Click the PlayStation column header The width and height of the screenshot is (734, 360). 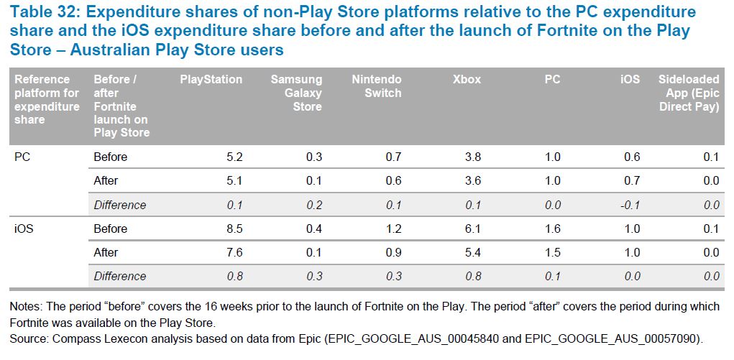[211, 80]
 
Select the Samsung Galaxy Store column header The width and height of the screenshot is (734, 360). [296, 93]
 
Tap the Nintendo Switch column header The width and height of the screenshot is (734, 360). [377, 86]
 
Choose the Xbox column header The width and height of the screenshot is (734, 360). [467, 80]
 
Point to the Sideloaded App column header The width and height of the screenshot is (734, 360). [689, 93]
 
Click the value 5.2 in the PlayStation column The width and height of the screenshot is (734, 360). [234, 157]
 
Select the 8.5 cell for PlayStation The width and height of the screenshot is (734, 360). [234, 229]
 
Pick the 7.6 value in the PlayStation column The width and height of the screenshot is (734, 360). [234, 252]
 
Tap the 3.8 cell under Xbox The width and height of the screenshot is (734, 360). [473, 157]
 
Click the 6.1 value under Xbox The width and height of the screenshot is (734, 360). [473, 229]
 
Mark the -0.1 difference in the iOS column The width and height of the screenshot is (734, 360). [629, 205]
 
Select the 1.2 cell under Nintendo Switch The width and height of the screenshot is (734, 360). [393, 229]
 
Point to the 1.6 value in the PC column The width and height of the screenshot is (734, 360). [552, 229]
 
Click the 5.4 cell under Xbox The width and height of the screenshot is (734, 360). [473, 252]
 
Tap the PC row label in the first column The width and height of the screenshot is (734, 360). [22, 157]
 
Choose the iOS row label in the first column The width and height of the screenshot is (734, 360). [24, 229]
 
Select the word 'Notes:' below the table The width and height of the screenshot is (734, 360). [25, 307]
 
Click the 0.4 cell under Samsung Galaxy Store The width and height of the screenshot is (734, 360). [313, 229]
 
